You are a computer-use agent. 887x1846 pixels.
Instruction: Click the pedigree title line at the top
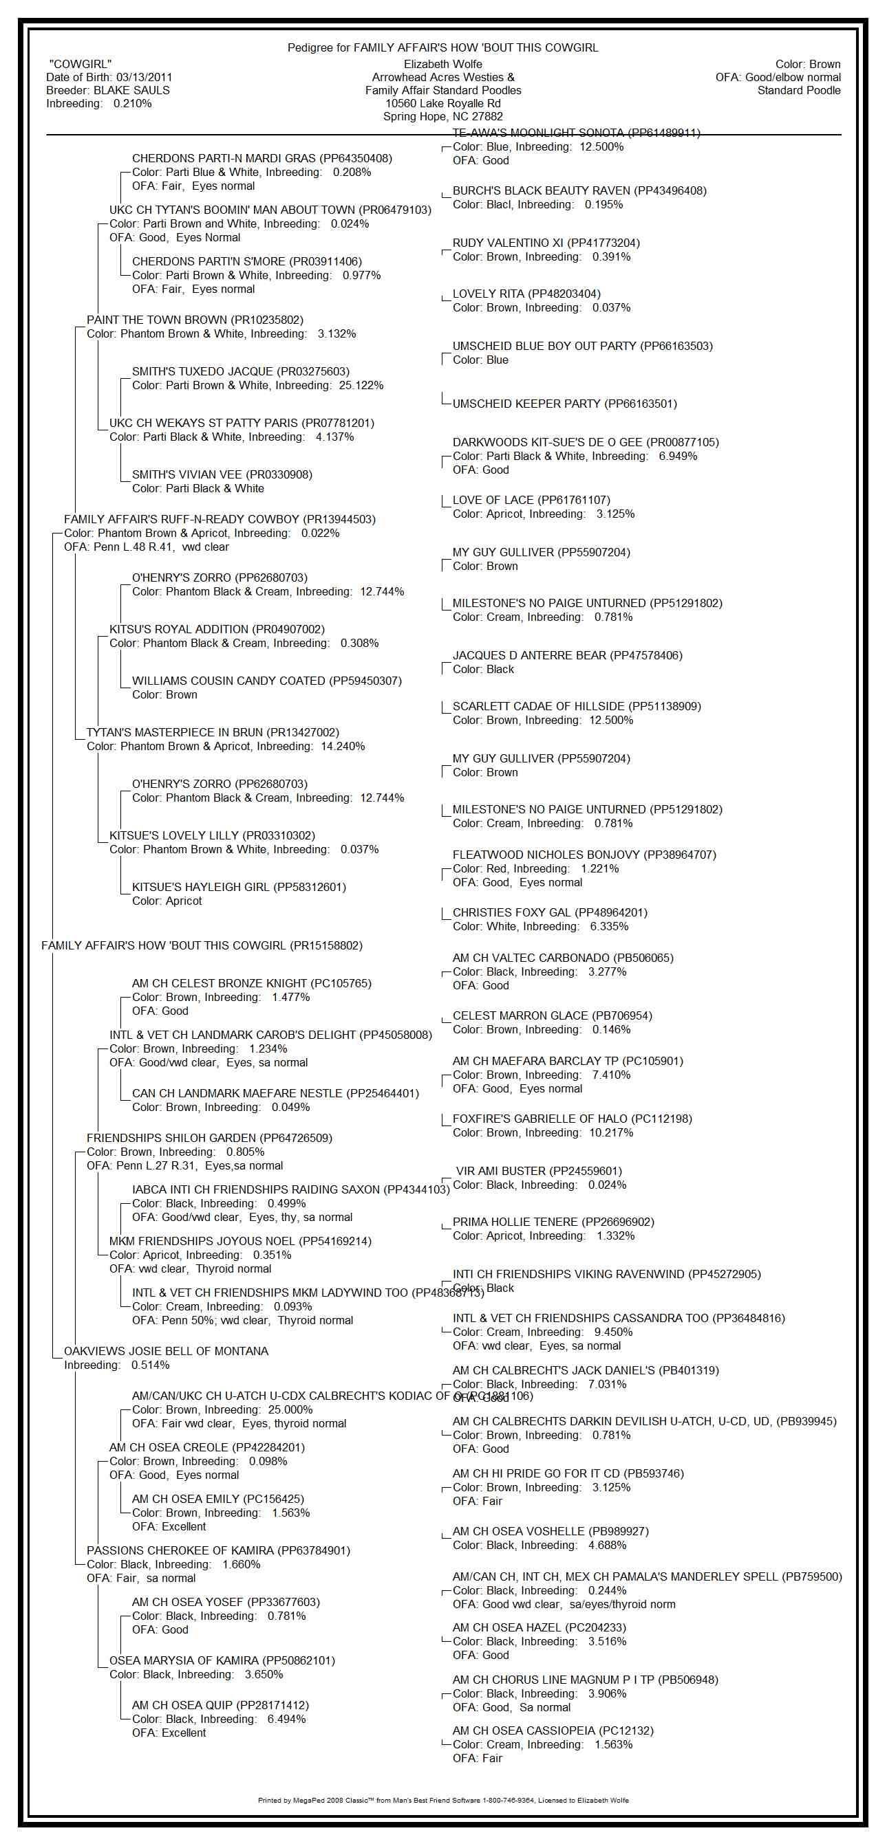[442, 48]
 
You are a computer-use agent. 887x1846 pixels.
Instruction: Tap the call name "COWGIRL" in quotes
[81, 65]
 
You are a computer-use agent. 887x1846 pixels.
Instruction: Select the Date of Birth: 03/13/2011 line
[109, 78]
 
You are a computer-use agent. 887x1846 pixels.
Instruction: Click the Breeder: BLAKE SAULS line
[107, 90]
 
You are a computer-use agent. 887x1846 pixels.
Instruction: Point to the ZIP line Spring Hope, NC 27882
[442, 117]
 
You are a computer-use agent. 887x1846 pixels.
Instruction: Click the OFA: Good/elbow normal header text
[778, 78]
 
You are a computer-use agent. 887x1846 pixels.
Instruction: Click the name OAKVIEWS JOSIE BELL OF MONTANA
[166, 1352]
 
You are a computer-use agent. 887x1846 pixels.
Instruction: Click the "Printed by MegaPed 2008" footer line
[442, 1800]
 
